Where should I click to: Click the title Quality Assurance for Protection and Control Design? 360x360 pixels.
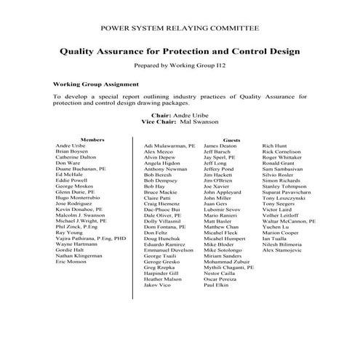pyautogui.click(x=178, y=52)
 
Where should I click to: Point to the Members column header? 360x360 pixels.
pyautogui.click(x=92, y=139)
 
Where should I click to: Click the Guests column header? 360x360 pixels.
pyautogui.click(x=231, y=139)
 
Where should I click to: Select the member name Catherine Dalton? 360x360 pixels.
pyautogui.click(x=75, y=157)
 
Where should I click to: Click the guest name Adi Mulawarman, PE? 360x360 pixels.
pyautogui.click(x=169, y=146)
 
